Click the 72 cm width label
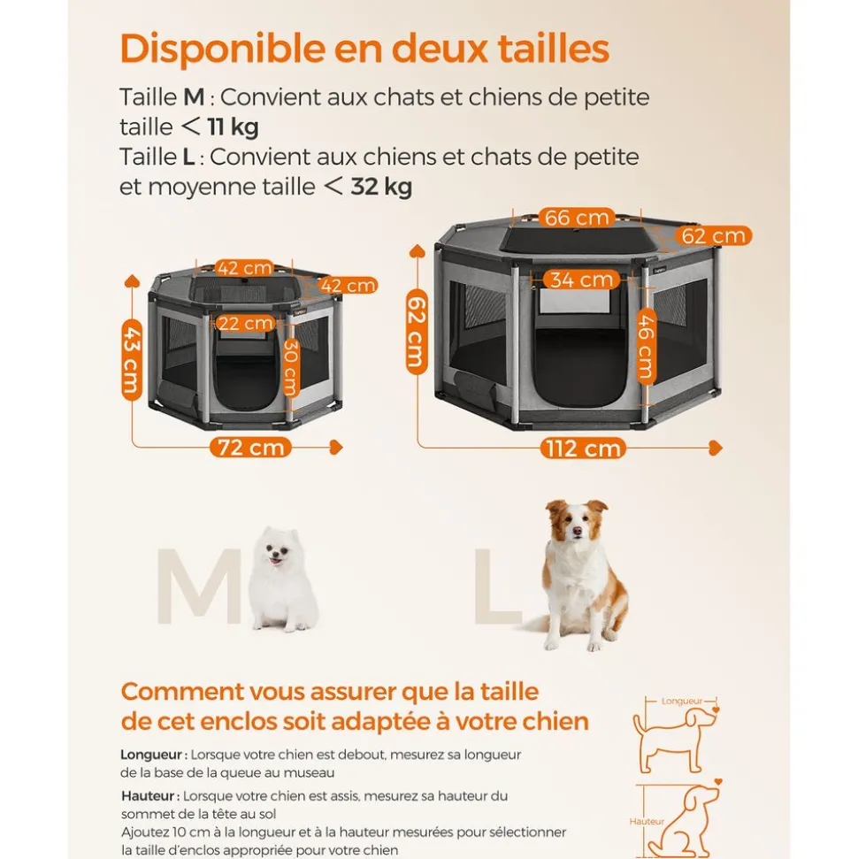[x=250, y=448]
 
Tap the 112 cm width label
[x=583, y=449]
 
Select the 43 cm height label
[x=132, y=360]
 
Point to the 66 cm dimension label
[x=577, y=218]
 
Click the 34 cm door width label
[x=581, y=280]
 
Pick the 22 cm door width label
[x=245, y=323]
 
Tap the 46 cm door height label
[x=647, y=346]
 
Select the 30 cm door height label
[x=290, y=366]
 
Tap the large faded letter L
[x=497, y=586]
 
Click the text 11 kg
[x=233, y=127]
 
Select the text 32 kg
[x=381, y=187]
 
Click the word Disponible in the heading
[x=222, y=49]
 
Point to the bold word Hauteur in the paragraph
[x=148, y=795]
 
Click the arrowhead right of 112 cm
[x=716, y=448]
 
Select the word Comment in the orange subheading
[x=182, y=692]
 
